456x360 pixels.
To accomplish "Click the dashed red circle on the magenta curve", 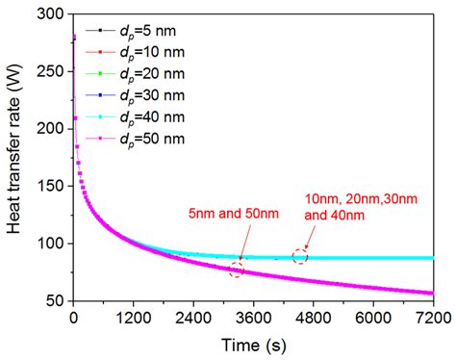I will click(236, 270).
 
